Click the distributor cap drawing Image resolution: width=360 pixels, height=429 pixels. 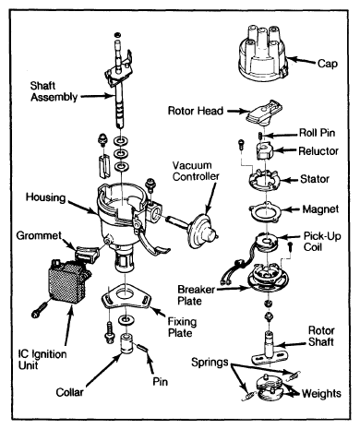coord(262,53)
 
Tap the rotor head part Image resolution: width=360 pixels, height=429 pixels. coord(265,113)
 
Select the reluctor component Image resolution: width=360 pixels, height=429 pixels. coord(264,151)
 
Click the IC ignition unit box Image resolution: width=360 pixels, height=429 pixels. coord(67,282)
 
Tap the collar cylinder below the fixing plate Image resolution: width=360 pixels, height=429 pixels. coord(126,343)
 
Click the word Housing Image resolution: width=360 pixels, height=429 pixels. coord(45,197)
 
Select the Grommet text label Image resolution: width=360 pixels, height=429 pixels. coord(39,236)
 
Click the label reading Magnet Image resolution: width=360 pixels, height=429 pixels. coord(320,209)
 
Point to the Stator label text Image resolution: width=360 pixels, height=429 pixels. coord(315,179)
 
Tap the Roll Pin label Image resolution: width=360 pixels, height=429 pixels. coord(318,133)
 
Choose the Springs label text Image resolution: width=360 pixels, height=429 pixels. coord(210,363)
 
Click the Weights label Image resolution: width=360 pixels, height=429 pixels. coord(321,393)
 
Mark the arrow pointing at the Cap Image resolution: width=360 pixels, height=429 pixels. coord(302,61)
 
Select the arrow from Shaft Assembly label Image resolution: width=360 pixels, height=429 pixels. coord(96,96)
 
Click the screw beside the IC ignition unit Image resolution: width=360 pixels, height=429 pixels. coord(40,309)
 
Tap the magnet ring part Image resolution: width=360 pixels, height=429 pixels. coord(266,212)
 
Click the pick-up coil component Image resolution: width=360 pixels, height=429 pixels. coord(267,242)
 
